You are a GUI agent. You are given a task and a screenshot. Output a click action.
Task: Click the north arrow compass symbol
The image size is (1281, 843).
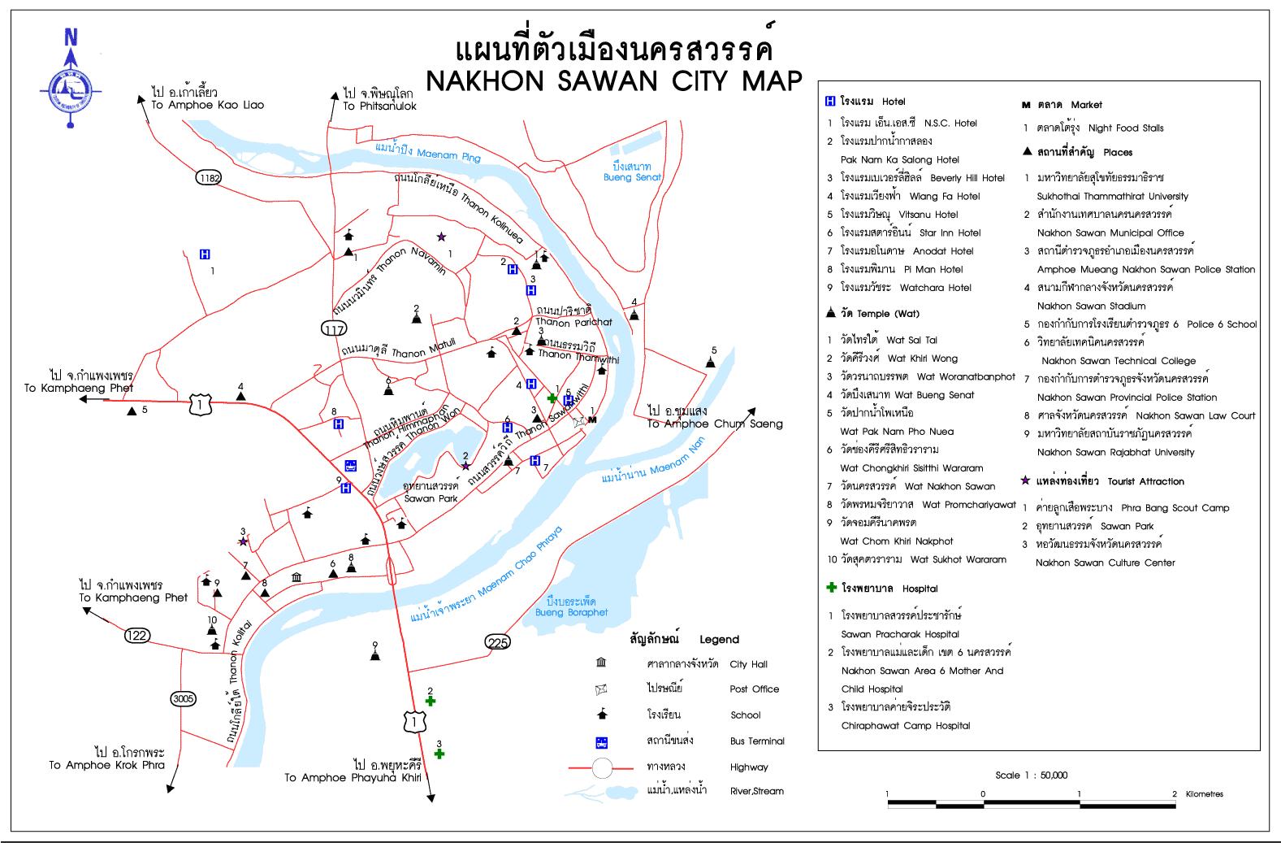coord(71,78)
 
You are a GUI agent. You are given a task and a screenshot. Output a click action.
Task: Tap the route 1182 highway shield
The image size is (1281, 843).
coord(209,177)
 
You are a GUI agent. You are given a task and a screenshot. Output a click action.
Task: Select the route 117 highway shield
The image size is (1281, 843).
coord(333,328)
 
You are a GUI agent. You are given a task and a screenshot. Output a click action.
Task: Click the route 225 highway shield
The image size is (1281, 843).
coord(498,642)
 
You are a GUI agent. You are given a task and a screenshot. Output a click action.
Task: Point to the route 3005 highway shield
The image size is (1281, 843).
coord(184,698)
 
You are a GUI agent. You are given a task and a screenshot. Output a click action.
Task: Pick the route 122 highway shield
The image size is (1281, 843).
coord(136,634)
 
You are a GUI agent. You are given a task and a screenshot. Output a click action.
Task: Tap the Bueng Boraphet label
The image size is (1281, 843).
coord(571,607)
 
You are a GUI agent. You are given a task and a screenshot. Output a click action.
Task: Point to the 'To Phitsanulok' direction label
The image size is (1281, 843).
coord(379,106)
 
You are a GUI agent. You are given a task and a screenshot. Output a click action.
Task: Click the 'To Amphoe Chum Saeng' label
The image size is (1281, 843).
coord(715,424)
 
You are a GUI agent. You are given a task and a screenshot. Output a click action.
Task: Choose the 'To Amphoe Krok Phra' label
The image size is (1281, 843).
coord(106,764)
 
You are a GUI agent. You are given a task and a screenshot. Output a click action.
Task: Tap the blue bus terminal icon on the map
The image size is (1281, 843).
coord(351,466)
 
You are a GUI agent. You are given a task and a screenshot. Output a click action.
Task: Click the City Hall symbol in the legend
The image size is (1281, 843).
coord(601,663)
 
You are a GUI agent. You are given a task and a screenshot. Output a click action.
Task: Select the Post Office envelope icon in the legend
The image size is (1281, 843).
coord(601,689)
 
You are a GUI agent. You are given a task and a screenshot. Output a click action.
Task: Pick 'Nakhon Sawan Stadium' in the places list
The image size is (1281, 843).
coord(1091,306)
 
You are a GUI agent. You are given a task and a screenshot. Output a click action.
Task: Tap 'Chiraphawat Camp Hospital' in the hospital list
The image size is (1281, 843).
coord(906,725)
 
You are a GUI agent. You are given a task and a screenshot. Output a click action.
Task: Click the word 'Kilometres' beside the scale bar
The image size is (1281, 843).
coord(1204,794)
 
